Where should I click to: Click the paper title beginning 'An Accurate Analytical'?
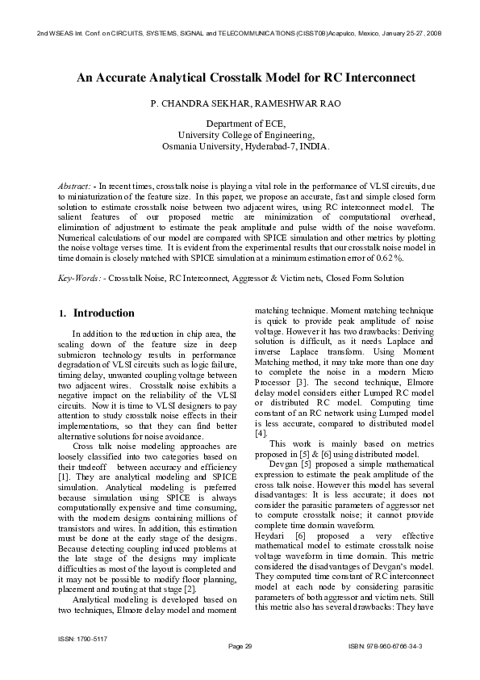pos(245,78)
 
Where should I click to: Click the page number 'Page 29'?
pos(240,647)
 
